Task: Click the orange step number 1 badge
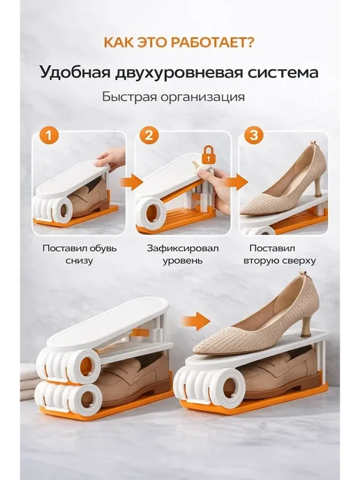[49, 135]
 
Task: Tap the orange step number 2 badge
[149, 135]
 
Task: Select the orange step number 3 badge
[254, 135]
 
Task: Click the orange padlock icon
[209, 155]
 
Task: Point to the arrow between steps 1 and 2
[131, 183]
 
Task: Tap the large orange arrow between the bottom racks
[195, 321]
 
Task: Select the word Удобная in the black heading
[75, 73]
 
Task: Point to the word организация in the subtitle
[202, 98]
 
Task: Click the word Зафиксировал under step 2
[183, 248]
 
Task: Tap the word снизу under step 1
[80, 261]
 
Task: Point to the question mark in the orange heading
[250, 43]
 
